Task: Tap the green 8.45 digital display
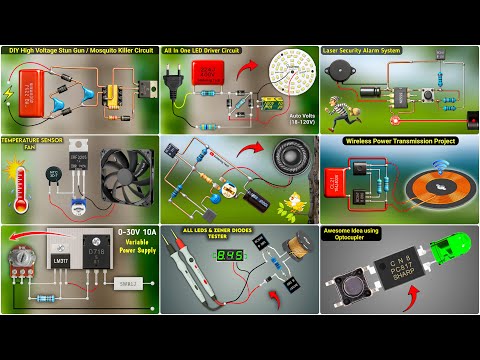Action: click(231, 254)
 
